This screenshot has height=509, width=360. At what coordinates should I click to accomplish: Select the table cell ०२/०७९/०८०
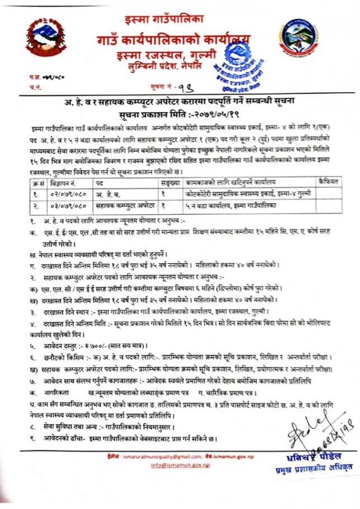pyautogui.click(x=65, y=193)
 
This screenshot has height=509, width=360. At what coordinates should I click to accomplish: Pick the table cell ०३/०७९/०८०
pyautogui.click(x=65, y=205)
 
